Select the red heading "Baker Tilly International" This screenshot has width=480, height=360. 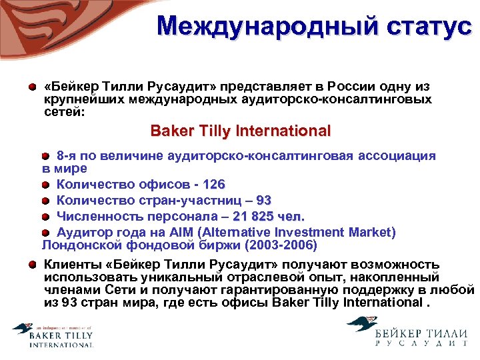pos(241,131)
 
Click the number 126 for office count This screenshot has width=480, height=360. pos(214,184)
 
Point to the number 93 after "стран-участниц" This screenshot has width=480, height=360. pos(263,200)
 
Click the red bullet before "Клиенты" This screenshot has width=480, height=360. pos(32,265)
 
